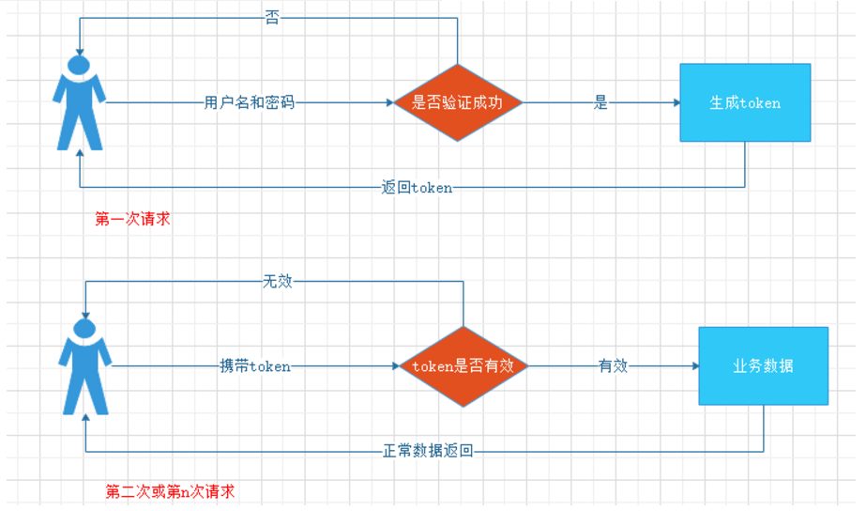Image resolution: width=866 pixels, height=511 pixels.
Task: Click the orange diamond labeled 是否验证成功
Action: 457,102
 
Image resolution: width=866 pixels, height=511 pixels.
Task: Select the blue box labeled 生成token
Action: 745,102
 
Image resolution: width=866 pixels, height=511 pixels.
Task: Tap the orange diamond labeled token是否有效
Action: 463,366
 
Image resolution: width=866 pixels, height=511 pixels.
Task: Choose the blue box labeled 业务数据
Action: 763,365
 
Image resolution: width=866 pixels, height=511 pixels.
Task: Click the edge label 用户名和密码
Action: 250,102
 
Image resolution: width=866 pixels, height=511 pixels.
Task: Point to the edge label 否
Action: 272,18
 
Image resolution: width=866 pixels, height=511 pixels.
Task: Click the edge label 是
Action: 600,102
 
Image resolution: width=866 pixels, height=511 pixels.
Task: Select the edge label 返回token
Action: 417,187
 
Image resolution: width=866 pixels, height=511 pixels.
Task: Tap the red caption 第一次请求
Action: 132,219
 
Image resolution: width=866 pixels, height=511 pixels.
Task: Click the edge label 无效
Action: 277,281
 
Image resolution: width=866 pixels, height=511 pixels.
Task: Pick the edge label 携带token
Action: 255,366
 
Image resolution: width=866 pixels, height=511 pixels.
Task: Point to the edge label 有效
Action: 613,366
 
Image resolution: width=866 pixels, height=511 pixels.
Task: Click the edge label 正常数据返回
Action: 428,451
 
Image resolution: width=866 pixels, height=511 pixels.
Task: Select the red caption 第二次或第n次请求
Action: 170,491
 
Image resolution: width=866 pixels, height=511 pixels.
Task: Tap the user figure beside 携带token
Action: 85,365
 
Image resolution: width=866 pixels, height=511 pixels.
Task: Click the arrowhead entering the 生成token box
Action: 675,102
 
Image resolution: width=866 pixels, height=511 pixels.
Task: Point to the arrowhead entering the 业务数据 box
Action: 693,366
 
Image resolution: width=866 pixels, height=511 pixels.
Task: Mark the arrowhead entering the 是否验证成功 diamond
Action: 392,102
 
